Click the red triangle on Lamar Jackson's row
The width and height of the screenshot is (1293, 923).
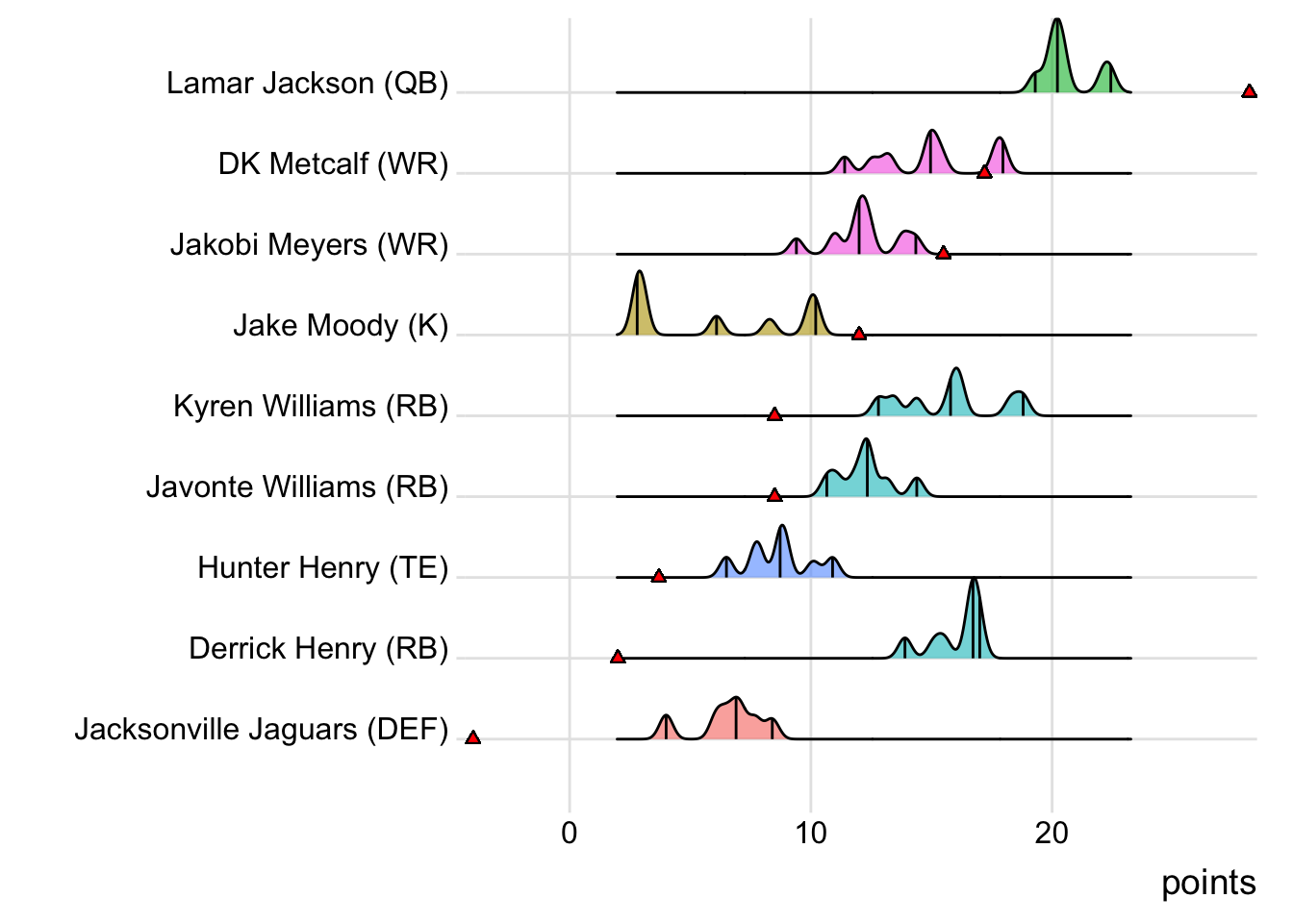[x=1249, y=91]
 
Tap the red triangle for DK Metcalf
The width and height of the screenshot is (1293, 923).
[x=984, y=172]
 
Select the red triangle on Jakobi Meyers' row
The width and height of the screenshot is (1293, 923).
[x=943, y=253]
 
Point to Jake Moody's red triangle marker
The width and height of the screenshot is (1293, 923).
[x=859, y=334]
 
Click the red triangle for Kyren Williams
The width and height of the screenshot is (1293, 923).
[x=774, y=414]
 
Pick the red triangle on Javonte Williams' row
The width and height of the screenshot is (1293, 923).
[x=774, y=495]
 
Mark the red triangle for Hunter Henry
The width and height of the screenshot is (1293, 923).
[x=658, y=576]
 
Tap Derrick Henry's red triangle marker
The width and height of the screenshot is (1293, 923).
[x=618, y=657]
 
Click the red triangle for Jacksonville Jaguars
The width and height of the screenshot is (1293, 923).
[x=472, y=737]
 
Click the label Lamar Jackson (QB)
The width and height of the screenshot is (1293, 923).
[x=307, y=84]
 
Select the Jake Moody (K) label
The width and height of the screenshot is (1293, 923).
[x=341, y=326]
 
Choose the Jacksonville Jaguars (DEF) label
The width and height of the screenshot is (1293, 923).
[x=262, y=730]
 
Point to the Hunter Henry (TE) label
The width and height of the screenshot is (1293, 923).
[x=323, y=568]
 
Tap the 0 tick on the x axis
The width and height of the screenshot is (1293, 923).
[x=570, y=833]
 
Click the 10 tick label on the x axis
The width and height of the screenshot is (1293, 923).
[x=811, y=833]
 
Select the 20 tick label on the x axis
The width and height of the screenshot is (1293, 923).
[x=1052, y=833]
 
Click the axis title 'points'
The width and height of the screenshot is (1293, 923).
[x=1208, y=883]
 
